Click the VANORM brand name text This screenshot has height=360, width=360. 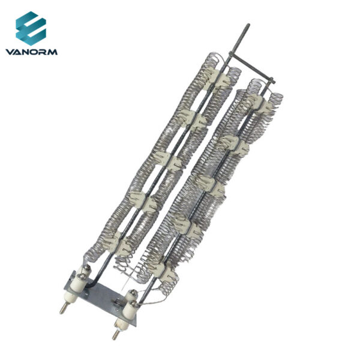pos(31,52)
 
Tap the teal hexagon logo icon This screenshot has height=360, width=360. pos(31,28)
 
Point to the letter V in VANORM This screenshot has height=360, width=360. pos(10,52)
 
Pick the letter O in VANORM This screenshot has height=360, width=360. pos(35,52)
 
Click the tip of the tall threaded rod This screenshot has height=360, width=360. pos(248,25)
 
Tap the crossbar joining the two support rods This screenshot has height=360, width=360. pos(252,67)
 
